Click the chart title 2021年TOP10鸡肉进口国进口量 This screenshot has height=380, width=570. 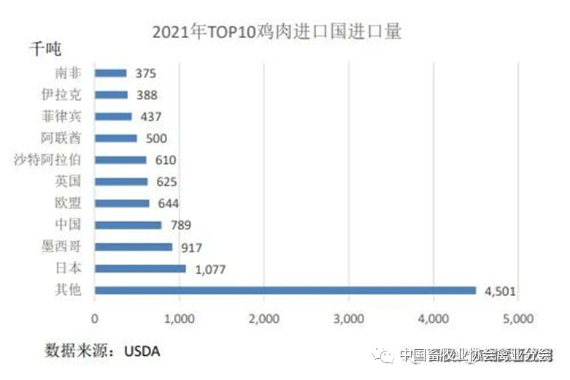[x=277, y=33]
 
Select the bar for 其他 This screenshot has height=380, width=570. [x=285, y=290]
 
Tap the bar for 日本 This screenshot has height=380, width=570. [x=140, y=269]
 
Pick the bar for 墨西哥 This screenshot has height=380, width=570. [x=134, y=247]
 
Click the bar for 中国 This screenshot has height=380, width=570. [x=128, y=225]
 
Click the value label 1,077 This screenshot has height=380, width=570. [x=210, y=270]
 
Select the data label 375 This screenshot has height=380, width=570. [x=145, y=73]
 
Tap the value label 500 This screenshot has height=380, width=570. [x=156, y=139]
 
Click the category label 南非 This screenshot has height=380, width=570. [x=69, y=73]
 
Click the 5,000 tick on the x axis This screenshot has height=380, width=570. [x=517, y=319]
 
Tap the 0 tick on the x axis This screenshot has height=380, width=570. [x=95, y=319]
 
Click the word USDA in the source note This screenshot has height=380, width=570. [x=143, y=351]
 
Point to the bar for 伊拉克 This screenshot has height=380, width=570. [x=112, y=94]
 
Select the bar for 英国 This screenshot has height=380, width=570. [x=121, y=181]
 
